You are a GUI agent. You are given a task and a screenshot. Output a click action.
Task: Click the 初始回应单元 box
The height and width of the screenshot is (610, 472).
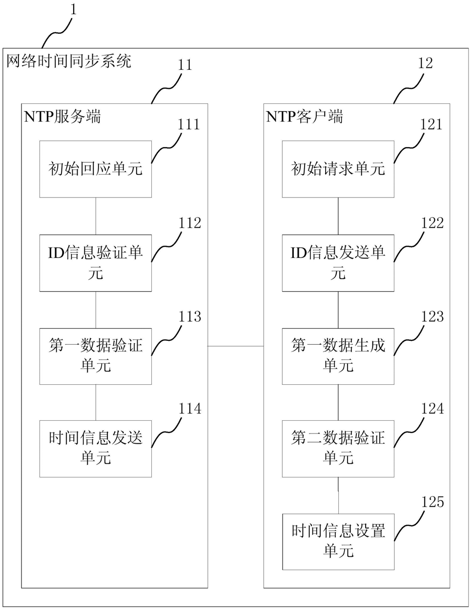click(x=96, y=169)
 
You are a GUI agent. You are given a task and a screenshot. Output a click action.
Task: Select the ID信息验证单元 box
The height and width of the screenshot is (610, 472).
click(x=96, y=263)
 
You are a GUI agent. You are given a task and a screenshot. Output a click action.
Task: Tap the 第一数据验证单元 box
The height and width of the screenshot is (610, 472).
click(x=96, y=356)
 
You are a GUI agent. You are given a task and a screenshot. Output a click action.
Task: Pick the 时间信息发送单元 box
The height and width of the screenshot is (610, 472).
click(x=96, y=449)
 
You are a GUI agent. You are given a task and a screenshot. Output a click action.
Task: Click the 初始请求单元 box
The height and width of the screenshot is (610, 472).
click(x=338, y=169)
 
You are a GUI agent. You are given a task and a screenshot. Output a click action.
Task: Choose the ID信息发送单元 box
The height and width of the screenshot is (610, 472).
click(x=338, y=263)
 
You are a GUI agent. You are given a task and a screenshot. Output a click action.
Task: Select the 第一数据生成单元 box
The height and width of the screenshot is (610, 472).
click(x=338, y=356)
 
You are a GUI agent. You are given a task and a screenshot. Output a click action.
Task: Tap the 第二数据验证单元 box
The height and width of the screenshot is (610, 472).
click(x=338, y=449)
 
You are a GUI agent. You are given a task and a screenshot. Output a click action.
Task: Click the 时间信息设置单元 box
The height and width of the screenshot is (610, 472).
click(x=338, y=542)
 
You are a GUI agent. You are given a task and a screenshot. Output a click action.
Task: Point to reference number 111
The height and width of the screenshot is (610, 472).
click(x=189, y=124)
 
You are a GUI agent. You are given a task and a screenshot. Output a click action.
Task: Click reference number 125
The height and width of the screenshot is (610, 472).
click(x=432, y=502)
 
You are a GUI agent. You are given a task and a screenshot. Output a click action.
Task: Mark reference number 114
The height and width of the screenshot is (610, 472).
click(x=190, y=409)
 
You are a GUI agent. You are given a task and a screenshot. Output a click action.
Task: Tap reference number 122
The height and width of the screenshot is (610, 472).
click(x=432, y=223)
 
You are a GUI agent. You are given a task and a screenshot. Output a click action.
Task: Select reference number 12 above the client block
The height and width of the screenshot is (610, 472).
click(x=425, y=63)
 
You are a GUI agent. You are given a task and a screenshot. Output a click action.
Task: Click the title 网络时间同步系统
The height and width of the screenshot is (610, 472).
click(x=68, y=60)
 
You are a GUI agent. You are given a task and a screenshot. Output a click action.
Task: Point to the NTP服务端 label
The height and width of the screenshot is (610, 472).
click(x=62, y=117)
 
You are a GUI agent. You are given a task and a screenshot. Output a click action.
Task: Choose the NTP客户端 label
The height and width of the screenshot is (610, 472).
click(x=305, y=117)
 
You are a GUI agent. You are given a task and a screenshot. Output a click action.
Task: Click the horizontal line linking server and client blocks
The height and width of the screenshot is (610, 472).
click(x=236, y=346)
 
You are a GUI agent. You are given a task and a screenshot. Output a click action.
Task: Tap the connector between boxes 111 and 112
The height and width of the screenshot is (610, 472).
click(x=96, y=216)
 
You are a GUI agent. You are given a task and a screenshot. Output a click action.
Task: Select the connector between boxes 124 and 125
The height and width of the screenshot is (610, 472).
click(x=338, y=495)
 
